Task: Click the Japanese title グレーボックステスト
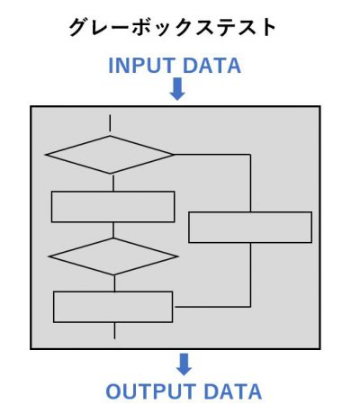pos(173,28)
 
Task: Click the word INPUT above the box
pos(142,66)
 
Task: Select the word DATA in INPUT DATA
pos(211,66)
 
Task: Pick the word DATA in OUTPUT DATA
pos(233,391)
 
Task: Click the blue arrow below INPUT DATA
pos(177,89)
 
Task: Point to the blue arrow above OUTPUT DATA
pos(184,364)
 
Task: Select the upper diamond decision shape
pos(110,155)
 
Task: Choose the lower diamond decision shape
pos(113,256)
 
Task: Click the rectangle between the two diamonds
pos(113,207)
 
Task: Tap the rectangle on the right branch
pos(250,228)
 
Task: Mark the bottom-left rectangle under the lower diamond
pos(113,307)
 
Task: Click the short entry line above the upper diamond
pos(110,123)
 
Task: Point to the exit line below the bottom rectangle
pos(114,330)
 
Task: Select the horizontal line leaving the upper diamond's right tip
pos(212,155)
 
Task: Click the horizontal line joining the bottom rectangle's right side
pos(212,307)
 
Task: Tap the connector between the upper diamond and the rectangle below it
pos(113,183)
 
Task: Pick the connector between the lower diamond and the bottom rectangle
pos(114,283)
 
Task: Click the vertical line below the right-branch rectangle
pos(250,274)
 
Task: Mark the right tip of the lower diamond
pos(177,256)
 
